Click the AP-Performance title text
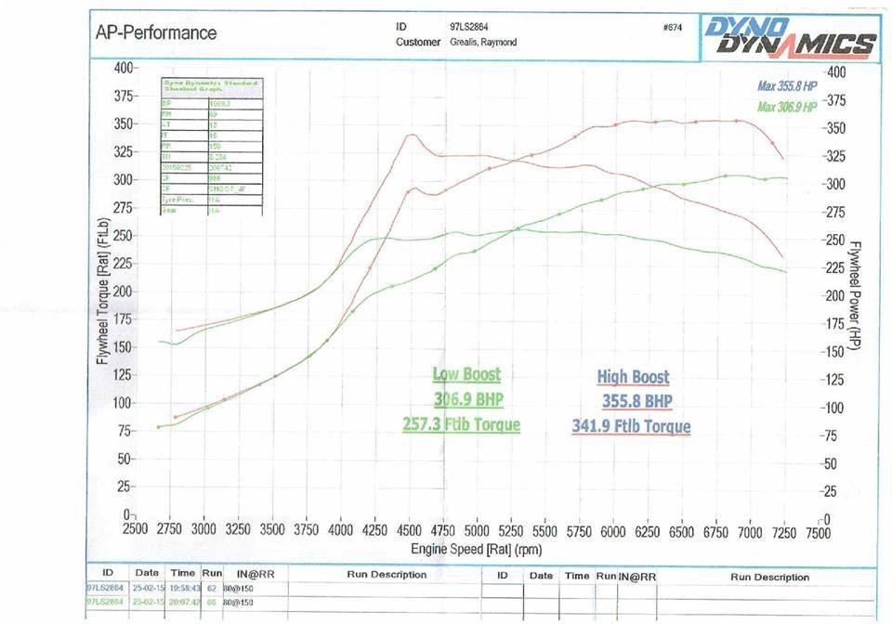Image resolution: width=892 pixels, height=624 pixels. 156,33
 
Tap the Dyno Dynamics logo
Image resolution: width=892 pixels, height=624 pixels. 790,37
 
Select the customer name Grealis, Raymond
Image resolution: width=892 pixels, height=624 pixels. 483,42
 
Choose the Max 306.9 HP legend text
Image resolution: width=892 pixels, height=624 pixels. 786,107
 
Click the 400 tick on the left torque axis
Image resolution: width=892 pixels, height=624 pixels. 124,68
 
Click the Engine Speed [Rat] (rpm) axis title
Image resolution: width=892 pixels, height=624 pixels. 476,549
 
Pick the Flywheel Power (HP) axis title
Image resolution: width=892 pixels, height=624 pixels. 856,294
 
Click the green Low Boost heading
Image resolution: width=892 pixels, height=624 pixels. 466,374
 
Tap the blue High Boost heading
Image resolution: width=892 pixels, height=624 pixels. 633,377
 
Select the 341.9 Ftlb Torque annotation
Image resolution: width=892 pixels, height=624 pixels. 632,427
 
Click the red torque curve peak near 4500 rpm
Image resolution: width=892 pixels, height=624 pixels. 410,136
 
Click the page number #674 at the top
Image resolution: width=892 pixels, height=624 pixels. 673,27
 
